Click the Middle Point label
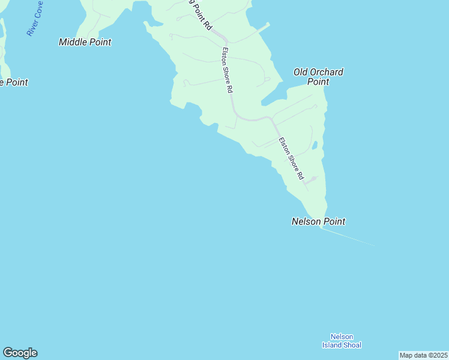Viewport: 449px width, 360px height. [x=85, y=42]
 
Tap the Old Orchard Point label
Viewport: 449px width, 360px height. [x=318, y=77]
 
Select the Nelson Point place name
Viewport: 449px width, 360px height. [x=318, y=221]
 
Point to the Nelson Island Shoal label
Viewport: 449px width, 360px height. [x=342, y=341]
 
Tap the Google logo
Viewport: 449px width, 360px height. [x=20, y=353]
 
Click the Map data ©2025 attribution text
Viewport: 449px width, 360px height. [x=423, y=355]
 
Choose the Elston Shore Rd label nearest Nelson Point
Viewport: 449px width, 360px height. [x=291, y=159]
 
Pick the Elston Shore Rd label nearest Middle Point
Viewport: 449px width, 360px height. [x=227, y=70]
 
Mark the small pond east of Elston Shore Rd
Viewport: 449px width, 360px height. [x=315, y=145]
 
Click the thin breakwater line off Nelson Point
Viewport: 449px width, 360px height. [x=348, y=236]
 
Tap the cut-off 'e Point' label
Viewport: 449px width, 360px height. [x=13, y=82]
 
